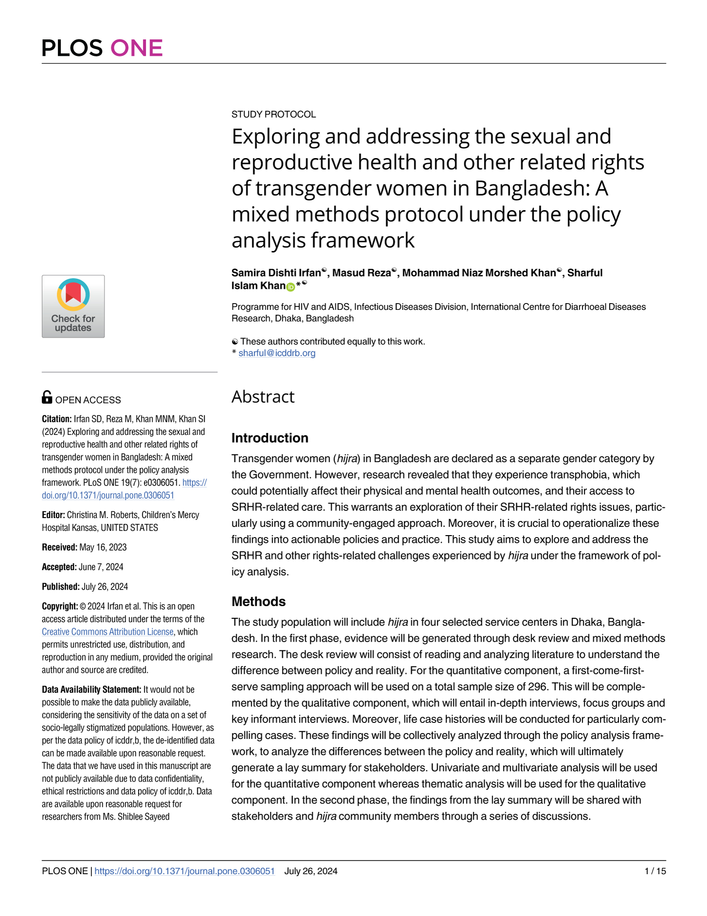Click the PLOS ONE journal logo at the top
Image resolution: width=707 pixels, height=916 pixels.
[x=102, y=48]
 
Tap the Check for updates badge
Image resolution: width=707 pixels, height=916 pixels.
[x=73, y=306]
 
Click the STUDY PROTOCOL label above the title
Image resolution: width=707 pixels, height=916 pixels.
[x=273, y=114]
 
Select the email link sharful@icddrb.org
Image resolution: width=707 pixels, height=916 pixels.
[x=277, y=353]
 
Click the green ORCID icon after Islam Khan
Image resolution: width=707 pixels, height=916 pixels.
[x=291, y=287]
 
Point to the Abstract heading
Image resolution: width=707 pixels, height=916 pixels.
[x=263, y=397]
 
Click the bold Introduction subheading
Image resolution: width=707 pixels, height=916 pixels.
[x=269, y=438]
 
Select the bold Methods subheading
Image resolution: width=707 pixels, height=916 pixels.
[x=258, y=601]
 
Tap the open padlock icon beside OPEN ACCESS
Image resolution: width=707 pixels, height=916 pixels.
[x=47, y=397]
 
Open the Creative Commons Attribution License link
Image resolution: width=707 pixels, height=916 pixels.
[x=107, y=631]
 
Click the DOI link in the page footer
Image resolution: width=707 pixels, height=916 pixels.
[x=184, y=871]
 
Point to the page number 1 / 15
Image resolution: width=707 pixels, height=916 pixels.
[x=655, y=871]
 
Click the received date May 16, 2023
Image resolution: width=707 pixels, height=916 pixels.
[x=103, y=547]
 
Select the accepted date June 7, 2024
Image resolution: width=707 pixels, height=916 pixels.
[x=101, y=567]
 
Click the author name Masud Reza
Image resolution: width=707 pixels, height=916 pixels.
[x=361, y=273]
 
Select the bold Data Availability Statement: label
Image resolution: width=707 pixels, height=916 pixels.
[x=91, y=689]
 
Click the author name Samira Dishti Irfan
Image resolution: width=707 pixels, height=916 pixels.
[x=276, y=273]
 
